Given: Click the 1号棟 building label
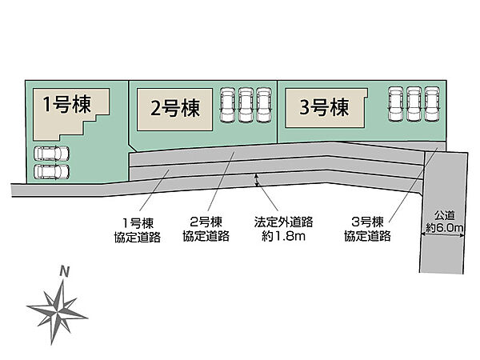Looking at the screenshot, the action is point(67,104).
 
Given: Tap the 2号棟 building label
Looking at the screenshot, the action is point(175,108).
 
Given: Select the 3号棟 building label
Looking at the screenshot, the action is point(324,107).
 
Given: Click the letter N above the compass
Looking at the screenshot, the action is point(65,271).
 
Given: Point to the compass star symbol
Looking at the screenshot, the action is point(58,312).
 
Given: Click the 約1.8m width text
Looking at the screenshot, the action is point(283,236).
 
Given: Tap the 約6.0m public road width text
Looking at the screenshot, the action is point(445,228).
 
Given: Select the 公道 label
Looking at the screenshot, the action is point(445,215).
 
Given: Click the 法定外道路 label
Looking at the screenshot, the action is point(283,222).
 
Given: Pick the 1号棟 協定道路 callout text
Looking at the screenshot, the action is point(138,230).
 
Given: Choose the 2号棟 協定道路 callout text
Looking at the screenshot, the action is point(206,229).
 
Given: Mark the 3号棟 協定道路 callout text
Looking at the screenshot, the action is point(367,229).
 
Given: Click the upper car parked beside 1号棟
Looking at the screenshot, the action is point(51,154).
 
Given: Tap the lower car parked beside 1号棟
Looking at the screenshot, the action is point(51,171).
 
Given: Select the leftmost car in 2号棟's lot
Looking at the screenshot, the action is point(228,105).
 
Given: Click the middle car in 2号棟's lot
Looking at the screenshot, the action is point(246,105).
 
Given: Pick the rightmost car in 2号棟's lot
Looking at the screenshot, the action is point(264,105).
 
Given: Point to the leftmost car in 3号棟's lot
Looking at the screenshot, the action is point(396,104).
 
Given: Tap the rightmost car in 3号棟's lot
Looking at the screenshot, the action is point(432,104).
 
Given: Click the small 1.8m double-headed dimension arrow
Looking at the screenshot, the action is point(257,180).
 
